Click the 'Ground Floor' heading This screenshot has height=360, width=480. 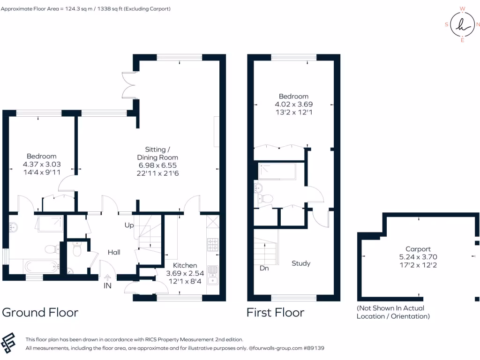(x=40, y=312)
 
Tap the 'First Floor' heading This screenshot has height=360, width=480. (x=276, y=312)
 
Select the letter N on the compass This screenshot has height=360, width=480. (x=478, y=24)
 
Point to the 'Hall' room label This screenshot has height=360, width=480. (x=114, y=252)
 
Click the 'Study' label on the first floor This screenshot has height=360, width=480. (x=301, y=263)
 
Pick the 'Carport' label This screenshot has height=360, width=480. (x=418, y=249)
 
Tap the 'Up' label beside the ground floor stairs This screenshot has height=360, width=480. (x=128, y=225)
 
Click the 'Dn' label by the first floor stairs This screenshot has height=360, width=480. (x=264, y=269)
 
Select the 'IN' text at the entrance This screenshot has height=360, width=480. (x=107, y=285)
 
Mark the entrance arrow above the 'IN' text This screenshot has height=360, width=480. (x=107, y=277)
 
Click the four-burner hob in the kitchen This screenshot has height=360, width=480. (x=212, y=244)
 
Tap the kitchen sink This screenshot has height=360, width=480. (x=212, y=274)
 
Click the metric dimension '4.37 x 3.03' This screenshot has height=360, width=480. (x=42, y=164)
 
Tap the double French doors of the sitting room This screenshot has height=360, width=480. (x=127, y=85)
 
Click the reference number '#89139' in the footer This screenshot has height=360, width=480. (x=313, y=348)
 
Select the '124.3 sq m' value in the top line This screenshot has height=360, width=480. (x=77, y=9)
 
